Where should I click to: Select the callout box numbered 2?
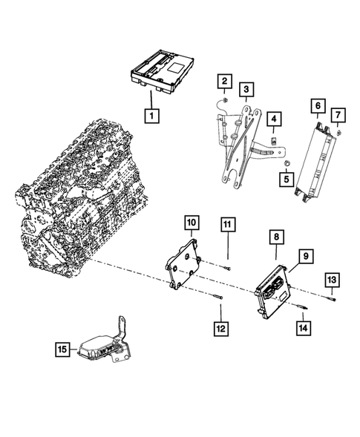(x=223, y=81)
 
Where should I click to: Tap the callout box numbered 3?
(x=246, y=90)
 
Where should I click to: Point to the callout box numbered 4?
(x=274, y=119)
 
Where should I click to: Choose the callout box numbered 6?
(x=317, y=107)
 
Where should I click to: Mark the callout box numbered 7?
(x=338, y=114)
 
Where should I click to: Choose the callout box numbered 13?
(x=333, y=279)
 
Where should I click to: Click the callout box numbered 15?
(x=62, y=348)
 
